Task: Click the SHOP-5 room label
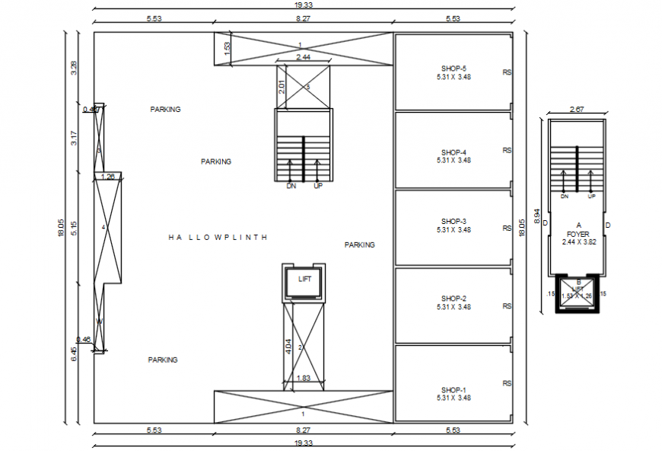coord(454,67)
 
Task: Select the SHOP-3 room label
coord(454,221)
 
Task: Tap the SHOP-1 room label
coord(454,389)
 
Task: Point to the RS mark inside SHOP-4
coord(507,151)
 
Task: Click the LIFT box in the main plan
coord(304,280)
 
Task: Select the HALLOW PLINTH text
coord(218,238)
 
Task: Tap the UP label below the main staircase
coord(319,186)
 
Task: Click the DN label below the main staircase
coord(291,186)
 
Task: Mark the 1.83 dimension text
coord(303,378)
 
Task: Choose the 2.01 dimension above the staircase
coord(281,88)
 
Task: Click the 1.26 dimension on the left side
coord(108,177)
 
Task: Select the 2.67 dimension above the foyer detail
coord(577,110)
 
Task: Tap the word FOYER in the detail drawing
coord(578,234)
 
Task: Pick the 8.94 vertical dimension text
coord(537,216)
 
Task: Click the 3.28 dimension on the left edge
coord(74,67)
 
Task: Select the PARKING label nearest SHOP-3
coord(359,245)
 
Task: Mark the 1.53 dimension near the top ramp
coord(227,47)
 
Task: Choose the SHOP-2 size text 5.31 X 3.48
coord(454,307)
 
